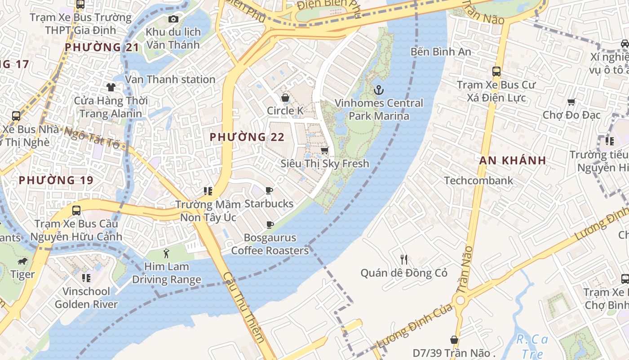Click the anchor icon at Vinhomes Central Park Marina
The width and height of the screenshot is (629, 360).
click(379, 90)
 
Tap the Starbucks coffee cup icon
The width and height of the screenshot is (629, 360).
click(269, 191)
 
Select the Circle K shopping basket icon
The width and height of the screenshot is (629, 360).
click(285, 98)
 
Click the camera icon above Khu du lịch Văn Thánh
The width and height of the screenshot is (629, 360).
click(173, 19)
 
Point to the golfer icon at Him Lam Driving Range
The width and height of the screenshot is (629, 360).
click(167, 253)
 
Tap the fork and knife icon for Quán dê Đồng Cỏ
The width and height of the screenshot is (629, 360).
click(404, 259)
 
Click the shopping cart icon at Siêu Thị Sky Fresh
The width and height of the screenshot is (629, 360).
click(324, 150)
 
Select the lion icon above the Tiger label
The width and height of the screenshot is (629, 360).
click(22, 261)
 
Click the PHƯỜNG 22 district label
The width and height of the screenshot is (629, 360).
click(247, 137)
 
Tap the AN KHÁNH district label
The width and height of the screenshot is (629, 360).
click(513, 160)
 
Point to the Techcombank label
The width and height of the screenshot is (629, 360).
click(478, 180)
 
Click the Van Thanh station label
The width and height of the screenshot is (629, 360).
click(170, 80)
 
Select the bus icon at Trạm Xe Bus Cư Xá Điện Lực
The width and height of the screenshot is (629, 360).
click(496, 71)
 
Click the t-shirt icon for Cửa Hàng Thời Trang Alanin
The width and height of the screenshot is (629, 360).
click(111, 87)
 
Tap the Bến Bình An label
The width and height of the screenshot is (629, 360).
click(441, 52)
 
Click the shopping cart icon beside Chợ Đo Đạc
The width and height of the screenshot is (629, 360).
click(571, 102)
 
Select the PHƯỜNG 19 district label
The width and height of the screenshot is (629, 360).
click(56, 180)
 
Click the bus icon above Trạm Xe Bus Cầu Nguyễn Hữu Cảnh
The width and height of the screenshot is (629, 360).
click(76, 210)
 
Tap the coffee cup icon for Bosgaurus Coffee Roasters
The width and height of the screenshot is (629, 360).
click(270, 225)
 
